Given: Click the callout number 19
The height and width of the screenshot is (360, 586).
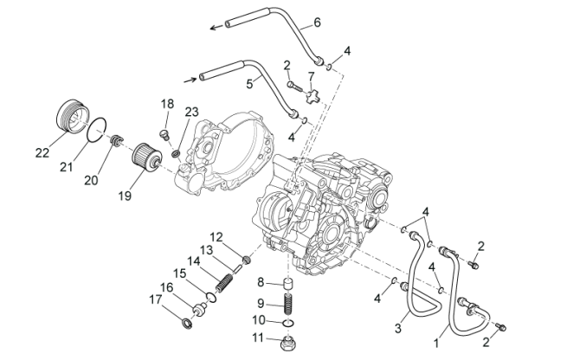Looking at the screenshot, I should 125,196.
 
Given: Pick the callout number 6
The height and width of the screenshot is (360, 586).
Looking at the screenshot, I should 293,22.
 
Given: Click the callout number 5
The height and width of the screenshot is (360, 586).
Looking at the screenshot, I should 250,84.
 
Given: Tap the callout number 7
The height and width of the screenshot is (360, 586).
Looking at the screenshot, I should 312,76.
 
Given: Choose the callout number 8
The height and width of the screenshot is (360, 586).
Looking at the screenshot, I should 260,282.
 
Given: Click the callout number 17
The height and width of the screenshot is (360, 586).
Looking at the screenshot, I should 155,300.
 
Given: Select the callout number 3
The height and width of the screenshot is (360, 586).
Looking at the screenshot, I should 398,330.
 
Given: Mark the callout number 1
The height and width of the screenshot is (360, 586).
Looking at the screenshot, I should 435,344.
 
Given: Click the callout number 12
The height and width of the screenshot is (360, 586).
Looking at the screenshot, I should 216,236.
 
